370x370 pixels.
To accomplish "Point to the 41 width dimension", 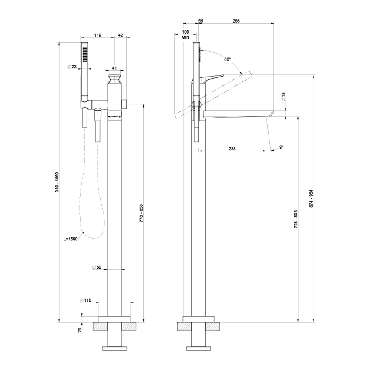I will pyautogui.click(x=115, y=68).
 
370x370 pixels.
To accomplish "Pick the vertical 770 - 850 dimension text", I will pyautogui.click(x=141, y=213).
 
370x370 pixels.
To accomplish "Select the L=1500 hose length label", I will pyautogui.click(x=70, y=239).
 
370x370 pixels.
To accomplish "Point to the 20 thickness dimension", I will pyautogui.click(x=80, y=330).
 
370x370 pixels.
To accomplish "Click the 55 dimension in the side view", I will pyautogui.click(x=201, y=21).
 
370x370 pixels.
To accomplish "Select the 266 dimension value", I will pyautogui.click(x=236, y=21).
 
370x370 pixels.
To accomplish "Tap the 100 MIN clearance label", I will pyautogui.click(x=186, y=35).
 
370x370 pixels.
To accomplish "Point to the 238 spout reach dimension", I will pyautogui.click(x=232, y=148).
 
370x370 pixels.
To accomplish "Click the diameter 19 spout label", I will pyautogui.click(x=284, y=97).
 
